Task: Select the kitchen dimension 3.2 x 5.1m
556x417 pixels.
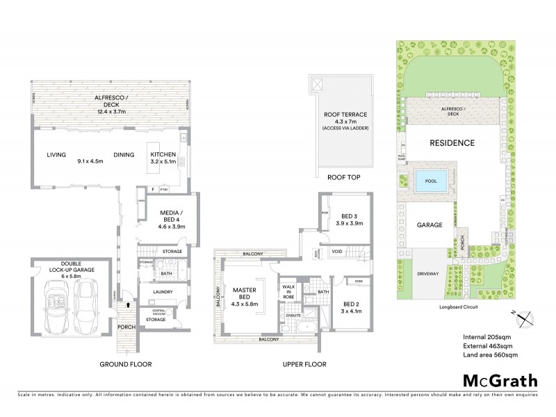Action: point(163,162)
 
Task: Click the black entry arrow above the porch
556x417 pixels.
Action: point(127,304)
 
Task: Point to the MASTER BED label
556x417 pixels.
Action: point(245,294)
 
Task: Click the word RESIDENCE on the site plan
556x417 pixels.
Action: point(451,143)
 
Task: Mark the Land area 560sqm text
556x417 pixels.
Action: point(490,355)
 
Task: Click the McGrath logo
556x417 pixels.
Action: point(500,380)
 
